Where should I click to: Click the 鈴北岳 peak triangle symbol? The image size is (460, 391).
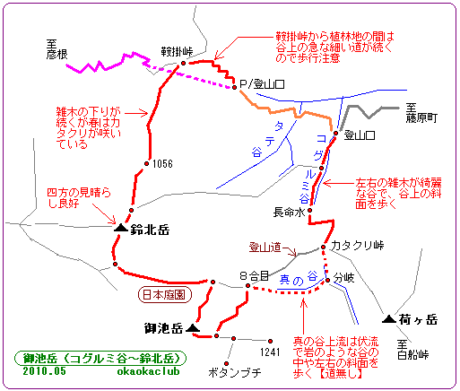tap(121, 228)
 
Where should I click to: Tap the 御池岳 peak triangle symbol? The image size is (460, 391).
tap(193, 328)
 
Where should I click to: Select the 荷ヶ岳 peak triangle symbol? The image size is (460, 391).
tap(389, 319)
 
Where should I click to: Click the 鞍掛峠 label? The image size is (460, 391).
tap(177, 52)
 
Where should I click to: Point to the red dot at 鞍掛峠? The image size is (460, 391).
tap(183, 63)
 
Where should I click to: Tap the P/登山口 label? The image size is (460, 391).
tap(262, 84)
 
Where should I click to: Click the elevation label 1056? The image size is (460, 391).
tap(162, 164)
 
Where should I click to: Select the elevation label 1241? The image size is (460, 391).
tap(270, 352)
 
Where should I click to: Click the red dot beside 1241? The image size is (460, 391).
tap(270, 341)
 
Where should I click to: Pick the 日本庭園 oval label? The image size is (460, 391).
tap(164, 295)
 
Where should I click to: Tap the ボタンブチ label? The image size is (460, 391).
tap(234, 372)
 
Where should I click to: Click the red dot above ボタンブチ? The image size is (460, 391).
tap(227, 363)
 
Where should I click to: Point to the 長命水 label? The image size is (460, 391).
tap(289, 213)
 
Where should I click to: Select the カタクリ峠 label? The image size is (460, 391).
tap(357, 246)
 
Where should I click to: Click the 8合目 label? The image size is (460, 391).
tap(255, 275)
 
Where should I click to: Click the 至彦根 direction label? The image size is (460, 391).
tap(56, 49)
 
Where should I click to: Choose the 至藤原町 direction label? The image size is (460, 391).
tap(421, 113)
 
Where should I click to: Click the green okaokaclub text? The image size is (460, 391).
tap(149, 371)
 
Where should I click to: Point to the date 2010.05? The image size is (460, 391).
tap(45, 371)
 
